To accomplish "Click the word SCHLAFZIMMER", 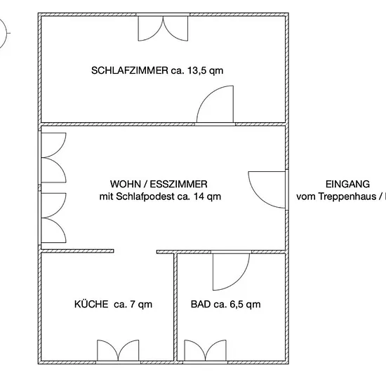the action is (x=130, y=71).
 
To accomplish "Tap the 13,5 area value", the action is (x=197, y=71).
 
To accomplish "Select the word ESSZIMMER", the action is (x=178, y=184).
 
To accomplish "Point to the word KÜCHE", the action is (x=91, y=304).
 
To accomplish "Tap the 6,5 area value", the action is (x=236, y=305).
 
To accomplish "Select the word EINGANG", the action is (x=347, y=184).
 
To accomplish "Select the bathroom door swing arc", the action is (x=239, y=280).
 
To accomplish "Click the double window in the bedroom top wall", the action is (x=163, y=29).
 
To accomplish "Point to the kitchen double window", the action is (x=118, y=350).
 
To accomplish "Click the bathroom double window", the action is (x=206, y=350).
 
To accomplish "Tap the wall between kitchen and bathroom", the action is (x=175, y=307).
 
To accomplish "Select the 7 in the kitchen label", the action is (x=132, y=305).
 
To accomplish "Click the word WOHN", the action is (x=126, y=184).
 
